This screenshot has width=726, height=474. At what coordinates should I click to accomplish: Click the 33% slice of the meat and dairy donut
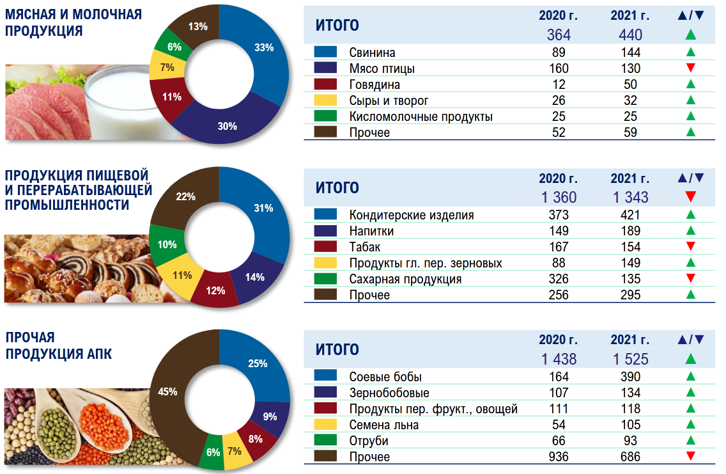click(263, 48)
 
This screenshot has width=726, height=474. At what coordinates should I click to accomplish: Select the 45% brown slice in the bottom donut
click(168, 391)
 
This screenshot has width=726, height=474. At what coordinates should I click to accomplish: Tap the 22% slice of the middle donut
click(185, 197)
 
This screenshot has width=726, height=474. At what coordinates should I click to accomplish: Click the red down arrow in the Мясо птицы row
click(690, 68)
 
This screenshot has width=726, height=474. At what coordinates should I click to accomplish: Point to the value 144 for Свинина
click(630, 52)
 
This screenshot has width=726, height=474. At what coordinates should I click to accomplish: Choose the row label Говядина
click(375, 84)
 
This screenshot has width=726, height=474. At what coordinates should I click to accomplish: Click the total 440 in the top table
click(629, 35)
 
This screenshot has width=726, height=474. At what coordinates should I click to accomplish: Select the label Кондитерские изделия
click(412, 215)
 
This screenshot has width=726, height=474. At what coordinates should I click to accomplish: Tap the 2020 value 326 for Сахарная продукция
click(559, 279)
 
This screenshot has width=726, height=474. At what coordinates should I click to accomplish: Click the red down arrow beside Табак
click(690, 247)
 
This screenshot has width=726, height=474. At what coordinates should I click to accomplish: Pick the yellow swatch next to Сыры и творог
click(326, 100)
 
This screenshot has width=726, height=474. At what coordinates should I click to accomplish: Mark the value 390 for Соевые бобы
click(630, 377)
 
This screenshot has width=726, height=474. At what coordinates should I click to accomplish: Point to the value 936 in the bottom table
click(559, 457)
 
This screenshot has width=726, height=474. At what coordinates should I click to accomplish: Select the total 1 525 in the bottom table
click(630, 359)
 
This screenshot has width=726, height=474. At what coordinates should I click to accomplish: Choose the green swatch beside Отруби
click(326, 441)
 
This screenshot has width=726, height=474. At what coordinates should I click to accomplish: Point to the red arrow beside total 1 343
click(690, 197)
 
